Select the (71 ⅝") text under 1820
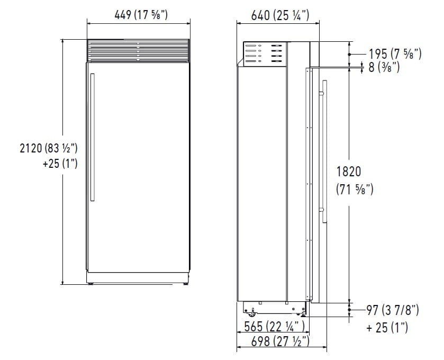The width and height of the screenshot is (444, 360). [355, 188]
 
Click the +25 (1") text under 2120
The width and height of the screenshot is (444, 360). [60, 164]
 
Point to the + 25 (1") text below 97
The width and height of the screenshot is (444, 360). [387, 328]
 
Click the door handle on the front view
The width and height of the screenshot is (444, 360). [93, 137]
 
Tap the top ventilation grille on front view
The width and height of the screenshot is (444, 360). [138, 51]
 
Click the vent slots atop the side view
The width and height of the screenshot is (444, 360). [263, 54]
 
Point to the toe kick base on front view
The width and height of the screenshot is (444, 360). [138, 278]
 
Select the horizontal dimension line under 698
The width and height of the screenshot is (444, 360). [281, 348]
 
